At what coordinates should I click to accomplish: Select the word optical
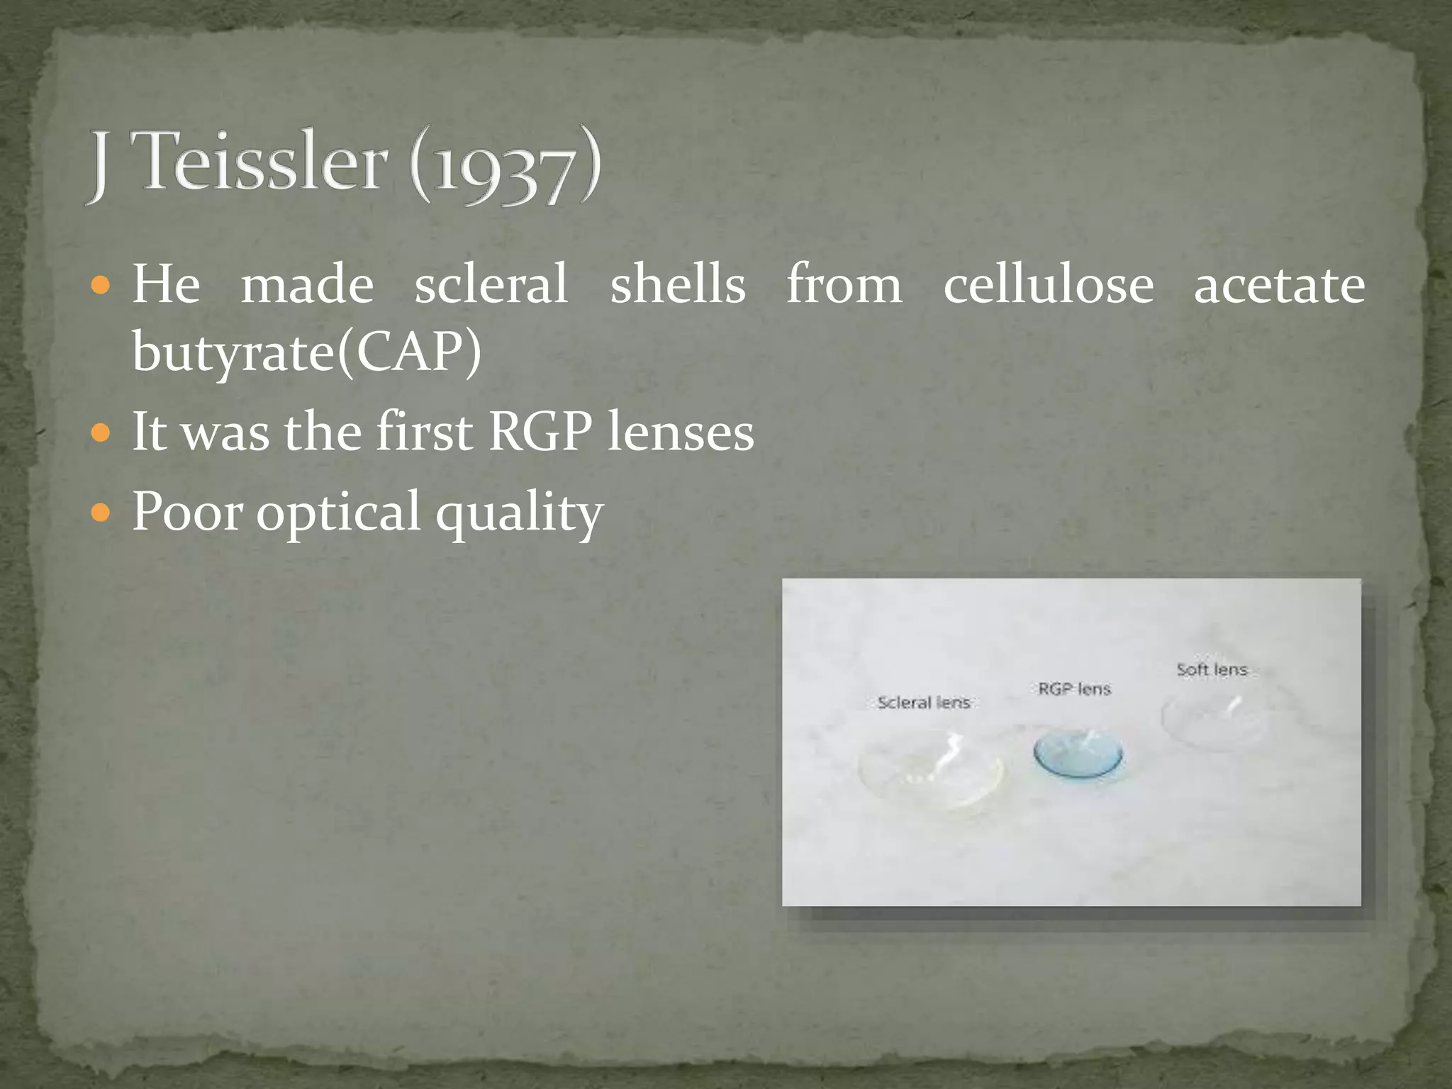(x=338, y=512)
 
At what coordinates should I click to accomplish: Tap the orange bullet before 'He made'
(x=101, y=286)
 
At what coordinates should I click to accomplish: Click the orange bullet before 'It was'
(x=101, y=432)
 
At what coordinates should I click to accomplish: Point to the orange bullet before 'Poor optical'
(x=101, y=512)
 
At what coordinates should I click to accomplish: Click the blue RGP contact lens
(x=1078, y=754)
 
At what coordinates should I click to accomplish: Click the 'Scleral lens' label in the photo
(x=923, y=703)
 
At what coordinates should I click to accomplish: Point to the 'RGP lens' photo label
(x=1074, y=689)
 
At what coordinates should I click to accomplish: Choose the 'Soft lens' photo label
(x=1211, y=669)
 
